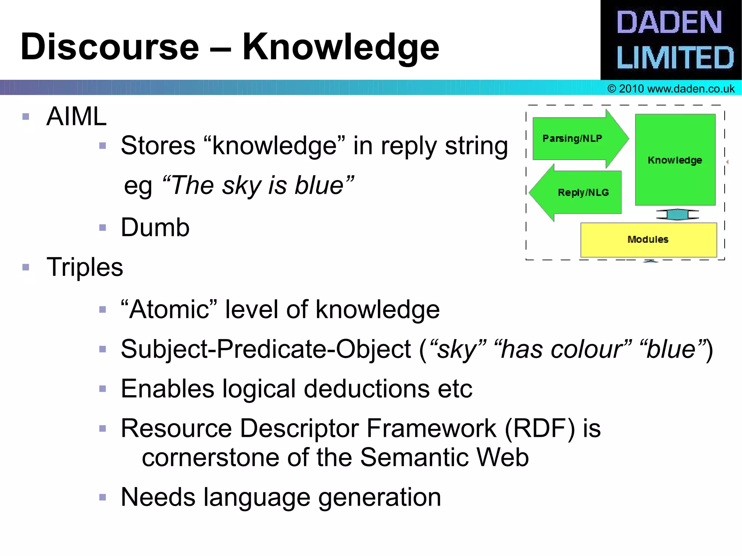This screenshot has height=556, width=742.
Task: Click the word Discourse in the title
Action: pyautogui.click(x=110, y=47)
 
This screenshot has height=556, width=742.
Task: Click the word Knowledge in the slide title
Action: pyautogui.click(x=341, y=47)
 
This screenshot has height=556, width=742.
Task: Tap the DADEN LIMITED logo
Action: pyautogui.click(x=671, y=40)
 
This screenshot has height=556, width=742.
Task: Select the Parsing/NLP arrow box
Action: pyautogui.click(x=576, y=139)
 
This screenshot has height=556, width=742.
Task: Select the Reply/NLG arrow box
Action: pyautogui.click(x=580, y=192)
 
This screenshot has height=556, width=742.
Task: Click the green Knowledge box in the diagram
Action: pyautogui.click(x=675, y=160)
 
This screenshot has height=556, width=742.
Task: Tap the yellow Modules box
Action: pyautogui.click(x=648, y=239)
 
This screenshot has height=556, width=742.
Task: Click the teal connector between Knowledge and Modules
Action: pyautogui.click(x=677, y=214)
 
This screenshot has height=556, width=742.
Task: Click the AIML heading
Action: pyautogui.click(x=76, y=117)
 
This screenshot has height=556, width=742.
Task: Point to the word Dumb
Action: pyautogui.click(x=155, y=227)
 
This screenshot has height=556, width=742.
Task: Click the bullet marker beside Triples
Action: pyautogui.click(x=26, y=267)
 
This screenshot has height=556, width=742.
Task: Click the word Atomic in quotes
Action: pyautogui.click(x=169, y=310)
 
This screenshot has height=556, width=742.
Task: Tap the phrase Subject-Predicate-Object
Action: pyautogui.click(x=266, y=350)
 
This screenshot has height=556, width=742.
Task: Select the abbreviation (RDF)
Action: pyautogui.click(x=539, y=429)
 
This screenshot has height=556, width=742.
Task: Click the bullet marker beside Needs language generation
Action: pyautogui.click(x=103, y=497)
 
